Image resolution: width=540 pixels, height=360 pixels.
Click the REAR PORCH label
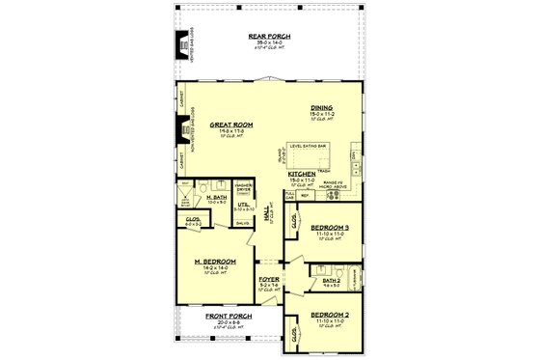click(269, 36)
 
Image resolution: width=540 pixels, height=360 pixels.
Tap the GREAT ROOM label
click(230, 125)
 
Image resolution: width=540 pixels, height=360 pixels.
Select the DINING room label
click(322, 108)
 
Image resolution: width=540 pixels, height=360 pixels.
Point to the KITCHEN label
click(302, 175)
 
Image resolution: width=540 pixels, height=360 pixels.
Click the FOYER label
click(268, 280)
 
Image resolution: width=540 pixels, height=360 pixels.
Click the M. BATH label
click(216, 197)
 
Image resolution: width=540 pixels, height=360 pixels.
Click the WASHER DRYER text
click(244, 186)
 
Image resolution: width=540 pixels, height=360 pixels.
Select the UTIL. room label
click(242, 206)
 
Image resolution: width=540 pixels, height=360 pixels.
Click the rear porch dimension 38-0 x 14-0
click(269, 42)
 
